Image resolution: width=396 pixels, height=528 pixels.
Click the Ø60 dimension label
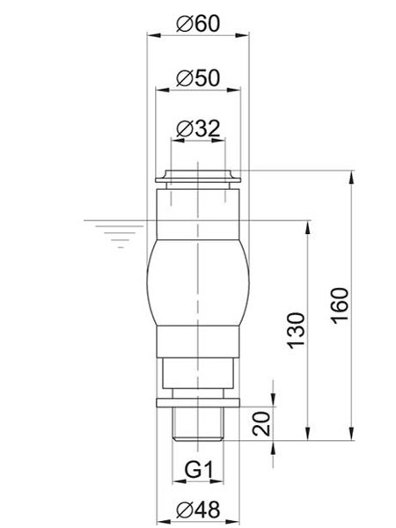point(197,24)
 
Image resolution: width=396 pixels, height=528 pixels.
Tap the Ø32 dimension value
point(197,128)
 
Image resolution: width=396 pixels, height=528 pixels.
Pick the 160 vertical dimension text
point(341,304)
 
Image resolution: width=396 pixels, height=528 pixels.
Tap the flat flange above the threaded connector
point(197,404)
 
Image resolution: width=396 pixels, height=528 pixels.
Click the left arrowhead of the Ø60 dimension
point(150,36)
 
